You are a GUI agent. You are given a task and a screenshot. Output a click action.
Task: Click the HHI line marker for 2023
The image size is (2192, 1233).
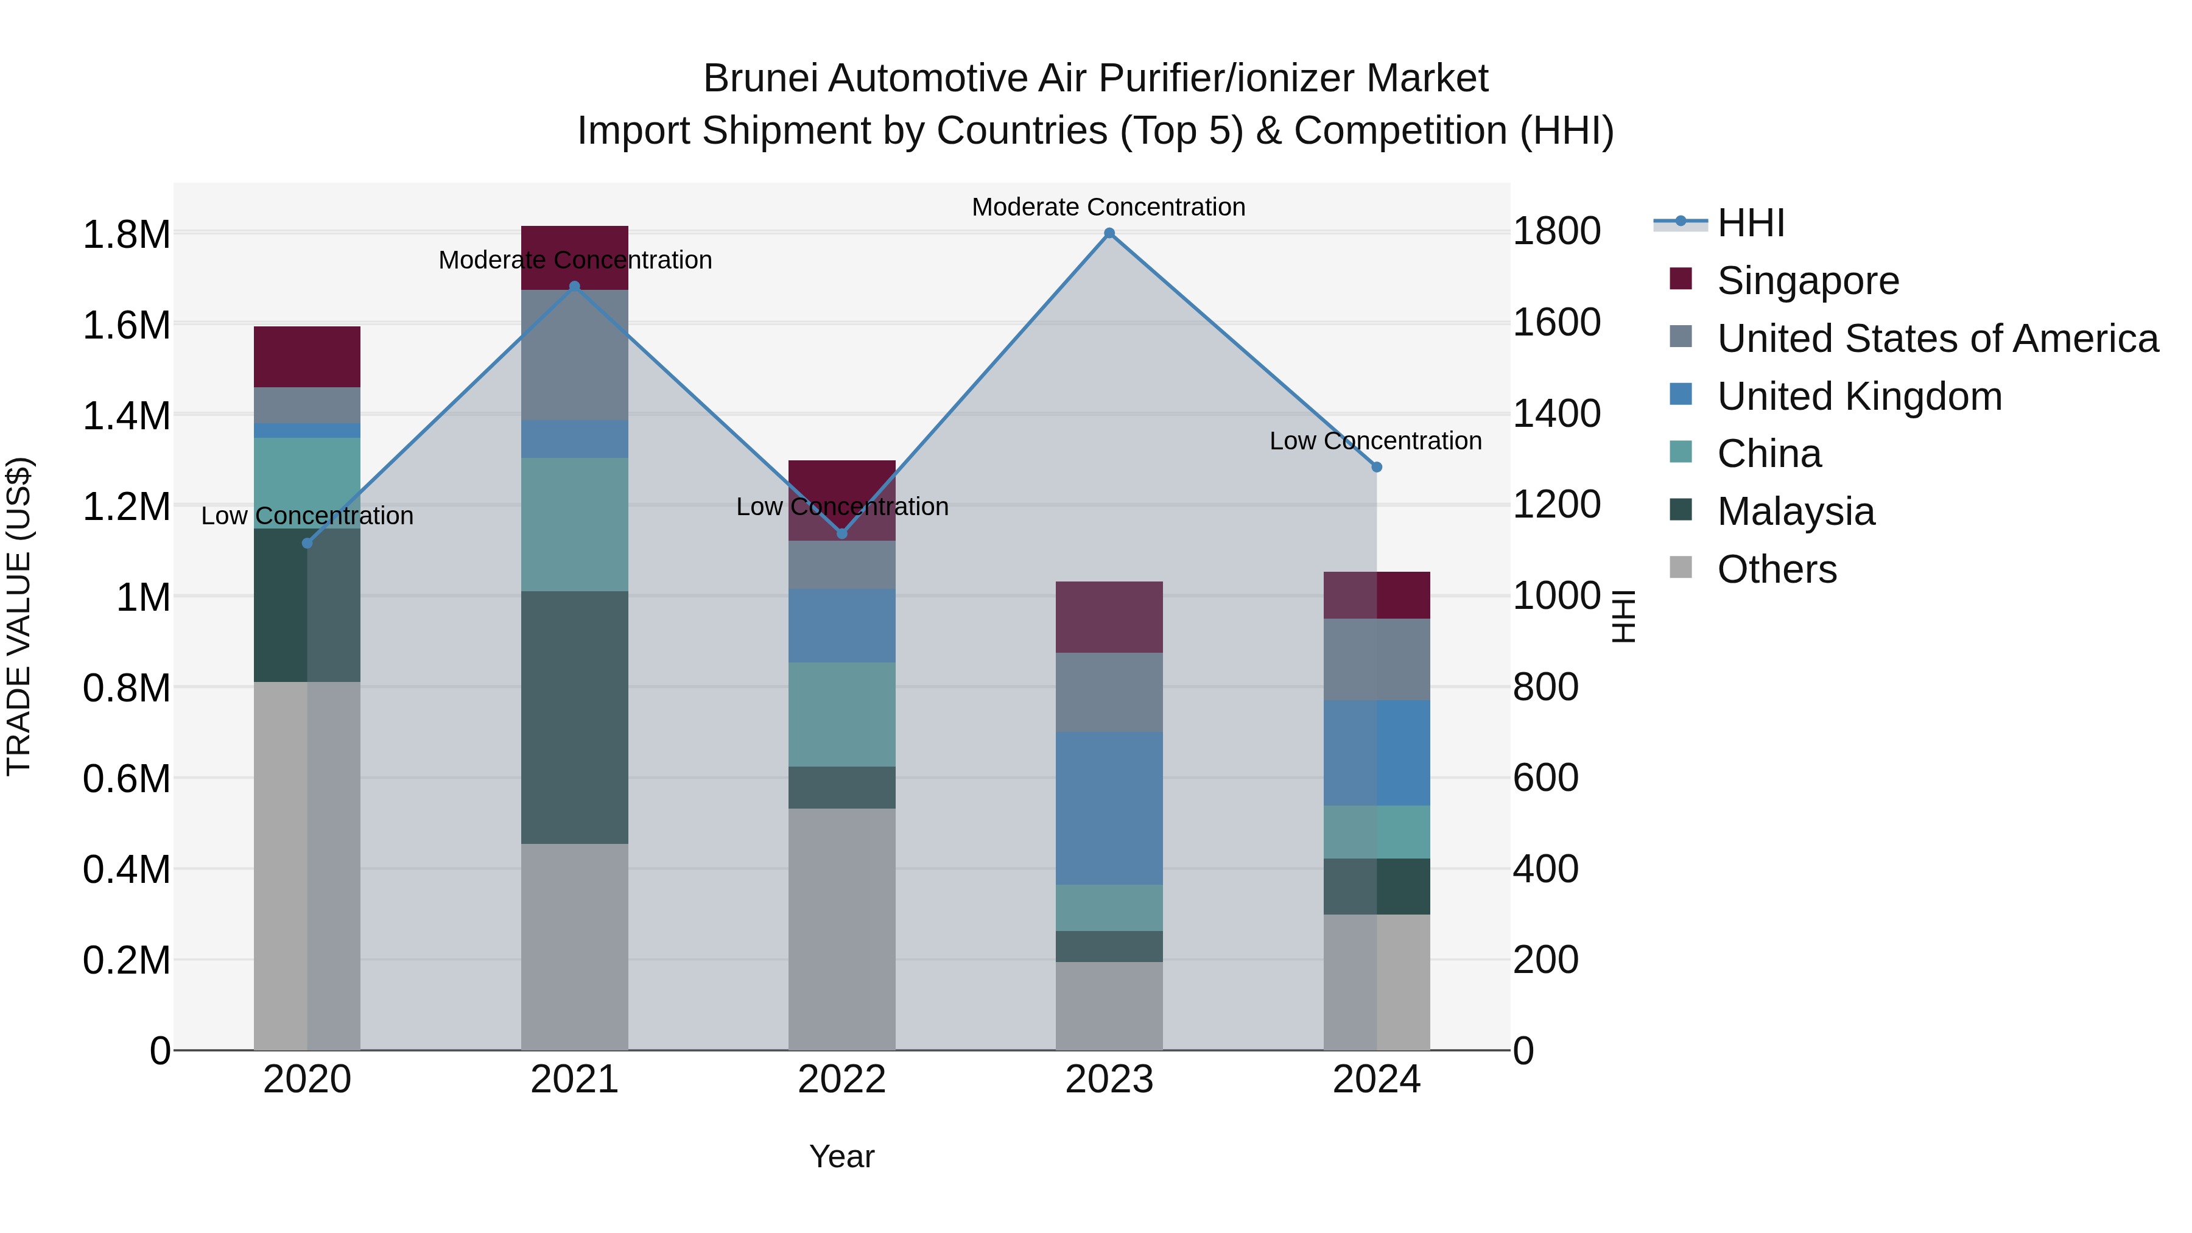click(1109, 233)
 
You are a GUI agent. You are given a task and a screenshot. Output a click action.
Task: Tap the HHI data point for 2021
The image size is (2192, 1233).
click(574, 287)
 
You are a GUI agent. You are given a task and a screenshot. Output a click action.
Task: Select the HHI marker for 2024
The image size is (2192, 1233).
click(1377, 467)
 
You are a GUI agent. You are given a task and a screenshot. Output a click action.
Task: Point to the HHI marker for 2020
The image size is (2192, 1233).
click(307, 544)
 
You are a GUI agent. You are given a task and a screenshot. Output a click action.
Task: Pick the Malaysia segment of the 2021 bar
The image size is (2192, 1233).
click(574, 717)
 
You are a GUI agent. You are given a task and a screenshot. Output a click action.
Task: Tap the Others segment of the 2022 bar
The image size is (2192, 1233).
click(841, 929)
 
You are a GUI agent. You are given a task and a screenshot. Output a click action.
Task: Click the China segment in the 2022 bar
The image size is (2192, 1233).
click(841, 714)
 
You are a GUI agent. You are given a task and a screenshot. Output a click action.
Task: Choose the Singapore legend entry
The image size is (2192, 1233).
click(1807, 281)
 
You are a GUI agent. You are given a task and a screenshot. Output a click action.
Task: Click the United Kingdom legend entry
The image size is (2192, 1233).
click(1860, 396)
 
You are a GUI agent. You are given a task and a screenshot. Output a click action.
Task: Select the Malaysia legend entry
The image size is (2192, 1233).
click(1796, 511)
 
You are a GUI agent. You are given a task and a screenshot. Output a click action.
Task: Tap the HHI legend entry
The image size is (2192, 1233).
click(1751, 223)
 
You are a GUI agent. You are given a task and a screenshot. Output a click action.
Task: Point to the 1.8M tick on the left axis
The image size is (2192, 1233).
click(126, 234)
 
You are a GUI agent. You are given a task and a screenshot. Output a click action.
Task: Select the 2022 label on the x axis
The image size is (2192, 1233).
click(841, 1080)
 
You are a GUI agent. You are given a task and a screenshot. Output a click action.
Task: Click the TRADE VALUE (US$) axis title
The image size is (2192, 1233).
click(19, 616)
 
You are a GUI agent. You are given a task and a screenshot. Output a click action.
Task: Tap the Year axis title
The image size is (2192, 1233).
click(841, 1156)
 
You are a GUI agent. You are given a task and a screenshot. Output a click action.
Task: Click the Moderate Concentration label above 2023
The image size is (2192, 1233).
click(1108, 207)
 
